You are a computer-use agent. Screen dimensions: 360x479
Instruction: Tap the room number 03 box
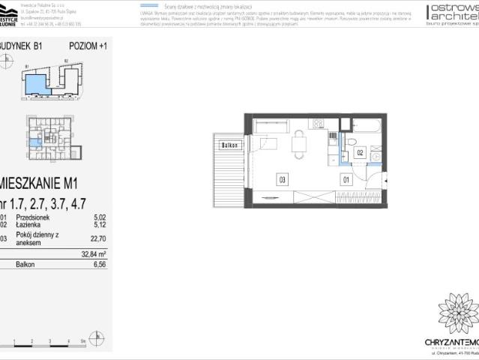[x=282, y=179]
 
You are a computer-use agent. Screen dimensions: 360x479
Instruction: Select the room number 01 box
[x=346, y=179]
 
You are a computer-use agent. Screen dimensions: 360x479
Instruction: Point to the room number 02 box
[x=360, y=152]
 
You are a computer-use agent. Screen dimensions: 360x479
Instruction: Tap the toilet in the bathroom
[x=351, y=143]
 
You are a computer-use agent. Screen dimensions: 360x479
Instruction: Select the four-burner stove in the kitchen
[x=317, y=123]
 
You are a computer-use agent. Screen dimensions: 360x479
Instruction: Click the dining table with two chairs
[x=298, y=145]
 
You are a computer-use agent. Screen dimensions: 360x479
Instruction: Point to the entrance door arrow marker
[x=385, y=180]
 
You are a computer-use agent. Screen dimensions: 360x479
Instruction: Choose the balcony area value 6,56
[x=97, y=264]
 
